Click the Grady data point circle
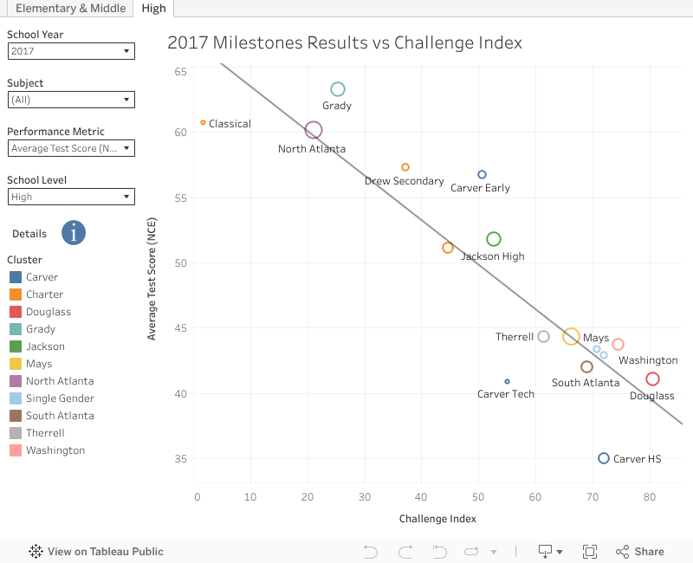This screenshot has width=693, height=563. (x=338, y=89)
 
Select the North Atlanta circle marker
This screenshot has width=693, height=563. (x=314, y=130)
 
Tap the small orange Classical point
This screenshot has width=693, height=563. (x=203, y=123)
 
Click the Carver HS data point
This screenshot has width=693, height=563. (x=604, y=458)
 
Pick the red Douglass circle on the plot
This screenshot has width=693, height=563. (x=652, y=379)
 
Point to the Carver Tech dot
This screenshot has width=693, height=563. (x=507, y=381)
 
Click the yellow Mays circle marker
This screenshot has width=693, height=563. (x=571, y=337)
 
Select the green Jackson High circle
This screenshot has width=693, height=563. (x=494, y=239)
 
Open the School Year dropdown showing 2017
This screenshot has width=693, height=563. (x=71, y=51)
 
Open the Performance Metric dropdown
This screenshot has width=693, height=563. (x=71, y=148)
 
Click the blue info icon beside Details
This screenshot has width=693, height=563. (x=74, y=233)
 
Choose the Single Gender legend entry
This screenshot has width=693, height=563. (x=60, y=398)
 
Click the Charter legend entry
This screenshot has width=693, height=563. (x=44, y=294)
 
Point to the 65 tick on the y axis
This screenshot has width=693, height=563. (x=180, y=71)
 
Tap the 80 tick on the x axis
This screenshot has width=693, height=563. (x=650, y=497)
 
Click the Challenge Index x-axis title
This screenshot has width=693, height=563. (x=437, y=519)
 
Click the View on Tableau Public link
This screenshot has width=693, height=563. (x=96, y=551)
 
